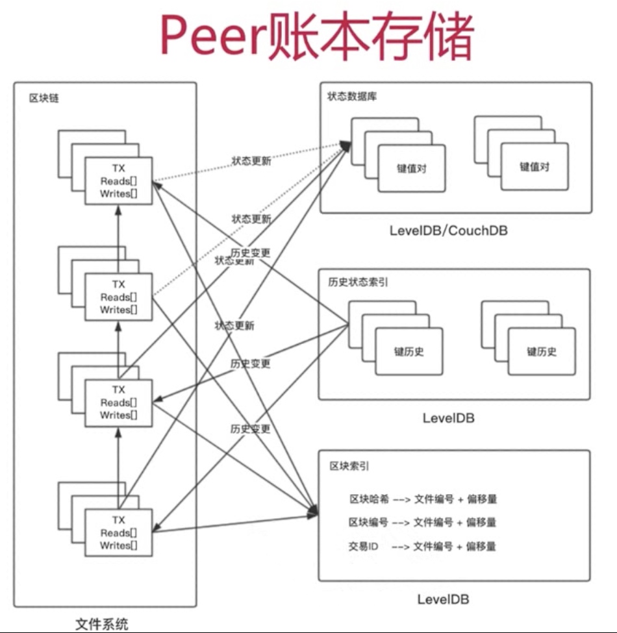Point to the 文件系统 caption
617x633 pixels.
click(x=102, y=625)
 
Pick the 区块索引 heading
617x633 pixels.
click(x=351, y=466)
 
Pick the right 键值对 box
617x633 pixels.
click(x=535, y=166)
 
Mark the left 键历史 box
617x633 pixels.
click(x=409, y=352)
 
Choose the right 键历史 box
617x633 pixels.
click(x=542, y=352)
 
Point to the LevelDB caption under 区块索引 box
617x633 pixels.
click(x=443, y=599)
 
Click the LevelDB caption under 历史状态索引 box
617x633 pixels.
click(x=449, y=417)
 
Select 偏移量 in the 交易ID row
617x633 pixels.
click(x=481, y=546)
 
